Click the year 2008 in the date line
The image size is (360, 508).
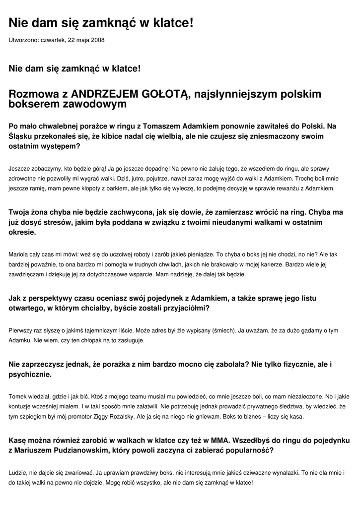click(x=97, y=40)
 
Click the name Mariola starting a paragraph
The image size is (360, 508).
click(x=18, y=254)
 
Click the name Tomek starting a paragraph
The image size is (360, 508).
click(x=18, y=396)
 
